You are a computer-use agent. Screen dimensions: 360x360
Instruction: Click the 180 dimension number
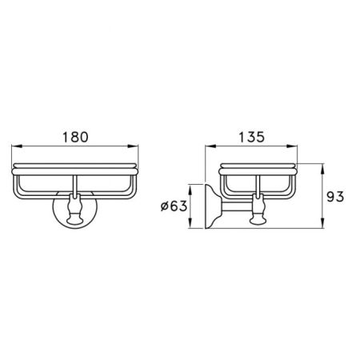pos(75,137)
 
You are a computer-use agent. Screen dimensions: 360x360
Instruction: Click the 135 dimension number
pos(252,137)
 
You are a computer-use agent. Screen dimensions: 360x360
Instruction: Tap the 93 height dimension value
pos(335,197)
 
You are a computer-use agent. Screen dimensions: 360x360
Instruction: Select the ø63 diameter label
pos(174,206)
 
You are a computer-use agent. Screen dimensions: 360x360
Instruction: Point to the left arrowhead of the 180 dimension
pos(17,146)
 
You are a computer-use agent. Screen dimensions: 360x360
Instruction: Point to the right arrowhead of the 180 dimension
pos(134,146)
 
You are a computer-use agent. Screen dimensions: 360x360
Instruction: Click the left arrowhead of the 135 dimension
pos(210,146)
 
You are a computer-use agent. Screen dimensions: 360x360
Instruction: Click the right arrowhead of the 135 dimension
pos(292,146)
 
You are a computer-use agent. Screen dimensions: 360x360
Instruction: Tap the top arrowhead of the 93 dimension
pos(322,169)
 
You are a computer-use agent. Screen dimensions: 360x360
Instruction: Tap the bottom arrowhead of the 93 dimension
pos(322,223)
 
